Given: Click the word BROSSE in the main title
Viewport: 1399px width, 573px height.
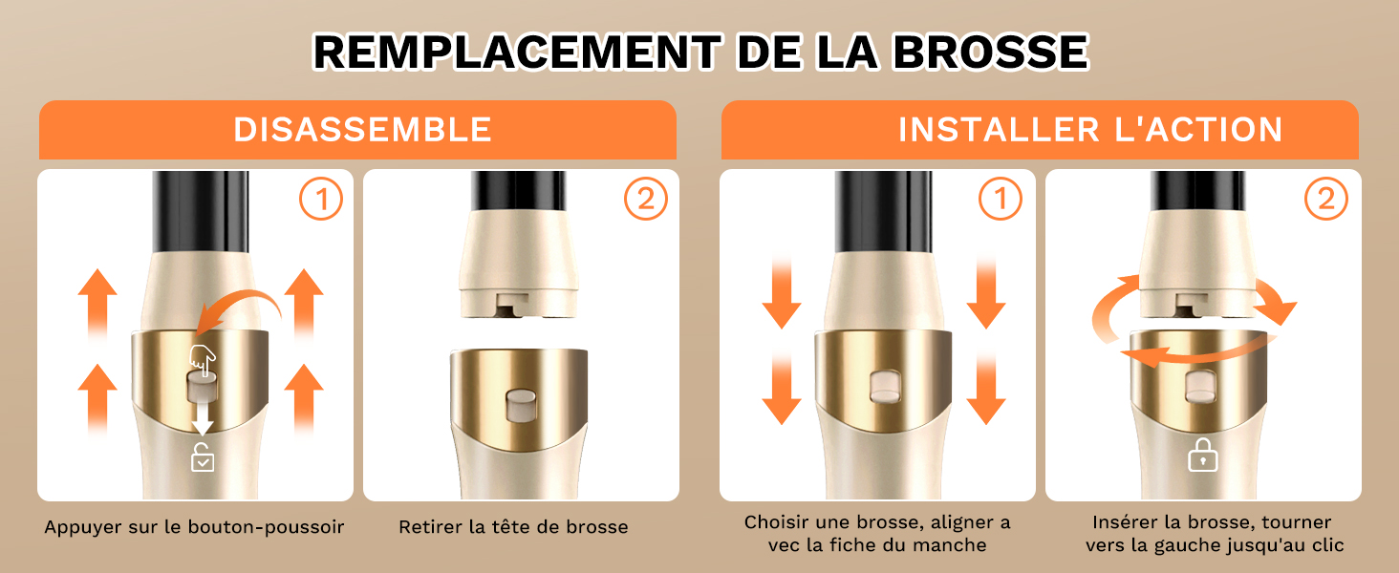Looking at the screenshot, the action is click(x=991, y=52).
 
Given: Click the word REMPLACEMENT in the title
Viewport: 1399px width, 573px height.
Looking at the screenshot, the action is click(x=518, y=52).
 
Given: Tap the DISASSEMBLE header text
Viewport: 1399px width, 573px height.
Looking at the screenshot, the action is click(x=362, y=130).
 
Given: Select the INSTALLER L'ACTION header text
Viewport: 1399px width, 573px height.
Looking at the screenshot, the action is click(x=1089, y=130).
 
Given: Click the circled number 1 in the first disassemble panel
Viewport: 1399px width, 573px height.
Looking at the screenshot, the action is click(x=321, y=199).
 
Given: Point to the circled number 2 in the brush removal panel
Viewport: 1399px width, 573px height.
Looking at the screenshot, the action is click(x=646, y=199).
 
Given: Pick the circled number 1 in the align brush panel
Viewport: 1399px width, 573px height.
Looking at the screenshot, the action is click(x=1000, y=199).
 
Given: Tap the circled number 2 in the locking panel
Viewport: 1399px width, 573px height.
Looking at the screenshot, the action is click(x=1326, y=199).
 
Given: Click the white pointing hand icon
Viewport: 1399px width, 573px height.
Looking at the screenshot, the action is click(x=203, y=360).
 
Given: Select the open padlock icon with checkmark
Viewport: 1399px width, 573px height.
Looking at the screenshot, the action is click(x=203, y=457).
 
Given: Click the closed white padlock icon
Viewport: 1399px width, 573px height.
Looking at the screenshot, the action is click(x=1202, y=455).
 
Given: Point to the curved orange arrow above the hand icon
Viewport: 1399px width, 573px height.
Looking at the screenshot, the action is click(x=239, y=310).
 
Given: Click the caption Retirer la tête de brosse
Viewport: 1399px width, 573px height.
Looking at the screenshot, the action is click(x=513, y=527).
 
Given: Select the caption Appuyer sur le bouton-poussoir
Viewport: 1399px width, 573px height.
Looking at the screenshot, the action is click(x=194, y=527).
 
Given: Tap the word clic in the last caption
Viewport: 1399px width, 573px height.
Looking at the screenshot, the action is click(x=1327, y=545).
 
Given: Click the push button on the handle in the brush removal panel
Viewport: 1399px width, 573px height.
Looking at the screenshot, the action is click(x=522, y=405).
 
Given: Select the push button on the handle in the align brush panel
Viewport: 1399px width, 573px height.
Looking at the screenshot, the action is click(x=885, y=387).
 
